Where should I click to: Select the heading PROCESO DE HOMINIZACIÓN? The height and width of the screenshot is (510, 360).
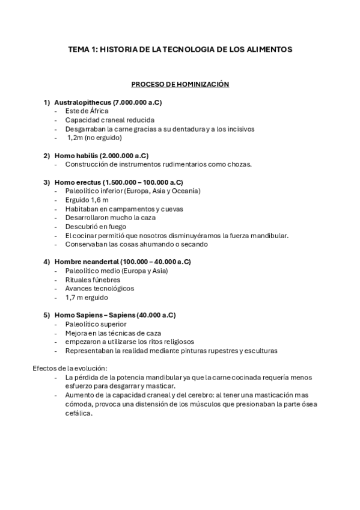[180, 85]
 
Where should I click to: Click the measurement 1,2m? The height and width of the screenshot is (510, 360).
[75, 137]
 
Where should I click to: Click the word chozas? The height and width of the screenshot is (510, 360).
[239, 164]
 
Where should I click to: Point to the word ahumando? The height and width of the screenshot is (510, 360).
[153, 244]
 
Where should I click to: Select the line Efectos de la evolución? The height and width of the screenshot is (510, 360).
[69, 369]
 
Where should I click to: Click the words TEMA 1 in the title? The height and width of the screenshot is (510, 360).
[82, 50]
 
